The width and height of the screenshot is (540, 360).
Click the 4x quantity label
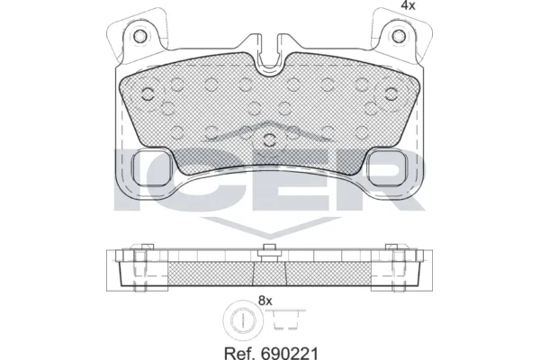[x=408, y=5]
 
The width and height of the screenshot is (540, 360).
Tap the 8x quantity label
[x=265, y=301]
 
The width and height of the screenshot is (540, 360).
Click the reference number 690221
[x=289, y=353]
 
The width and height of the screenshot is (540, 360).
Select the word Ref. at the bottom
[x=239, y=353]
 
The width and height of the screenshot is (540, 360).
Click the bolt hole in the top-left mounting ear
[x=139, y=35]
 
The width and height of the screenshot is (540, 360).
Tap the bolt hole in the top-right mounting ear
[x=399, y=35]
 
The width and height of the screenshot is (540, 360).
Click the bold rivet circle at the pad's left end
[x=148, y=94]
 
